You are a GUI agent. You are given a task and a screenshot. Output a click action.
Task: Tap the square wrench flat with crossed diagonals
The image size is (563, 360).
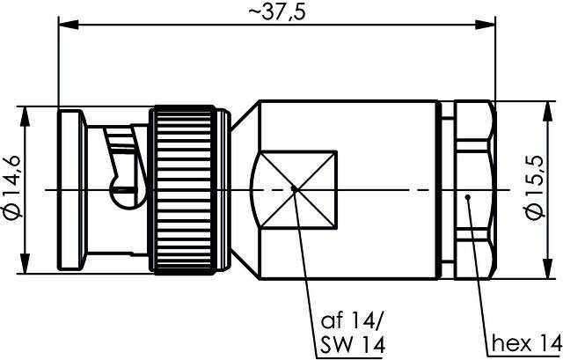coord(293,188)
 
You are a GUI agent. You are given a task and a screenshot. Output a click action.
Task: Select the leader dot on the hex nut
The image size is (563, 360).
coord(470,196)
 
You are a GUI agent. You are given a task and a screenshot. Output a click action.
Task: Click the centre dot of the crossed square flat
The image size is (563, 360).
coord(293,188)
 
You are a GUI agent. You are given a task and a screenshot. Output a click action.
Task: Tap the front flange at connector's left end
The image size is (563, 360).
coord(69,189)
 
